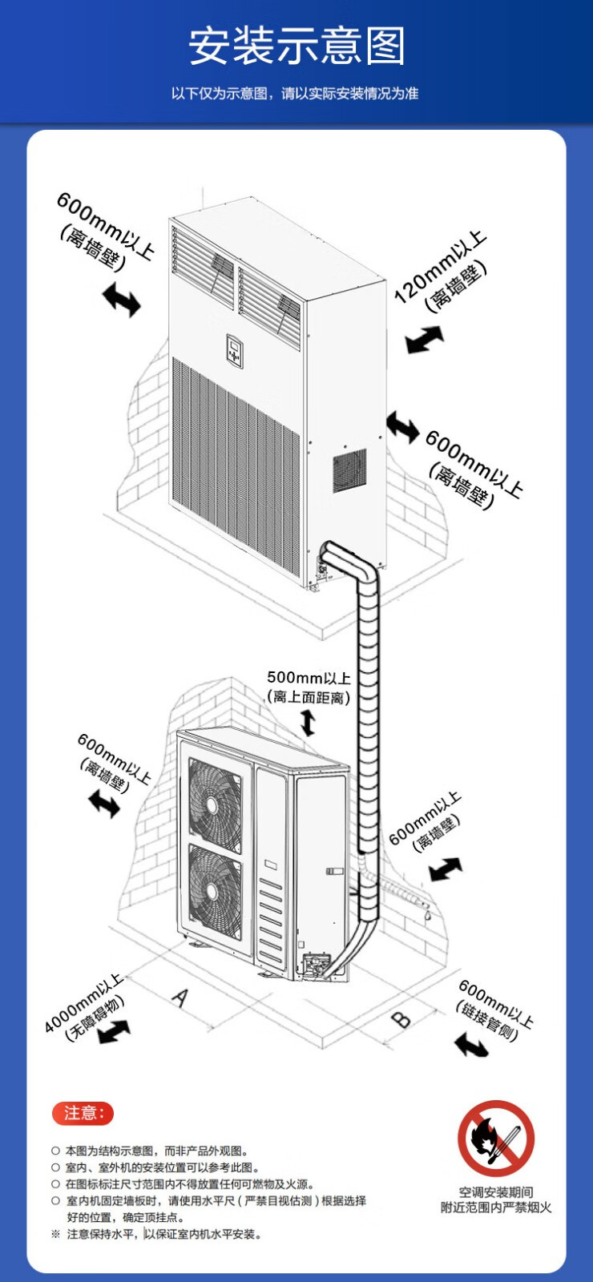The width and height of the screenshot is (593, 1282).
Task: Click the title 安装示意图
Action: click(296, 46)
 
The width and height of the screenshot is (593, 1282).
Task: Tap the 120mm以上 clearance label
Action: click(439, 266)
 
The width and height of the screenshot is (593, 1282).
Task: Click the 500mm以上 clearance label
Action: click(309, 678)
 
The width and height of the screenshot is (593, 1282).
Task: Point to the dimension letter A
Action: click(181, 998)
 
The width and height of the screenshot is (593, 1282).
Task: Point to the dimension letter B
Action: click(401, 1019)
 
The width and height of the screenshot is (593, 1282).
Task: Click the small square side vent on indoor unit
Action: click(349, 470)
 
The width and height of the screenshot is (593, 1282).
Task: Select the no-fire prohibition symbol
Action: click(496, 1138)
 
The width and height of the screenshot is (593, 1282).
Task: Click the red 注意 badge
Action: click(83, 1113)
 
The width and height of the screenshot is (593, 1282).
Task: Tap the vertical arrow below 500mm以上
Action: click(308, 723)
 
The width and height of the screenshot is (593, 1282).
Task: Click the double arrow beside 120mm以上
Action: click(424, 340)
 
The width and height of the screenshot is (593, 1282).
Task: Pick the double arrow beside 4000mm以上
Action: click(114, 1031)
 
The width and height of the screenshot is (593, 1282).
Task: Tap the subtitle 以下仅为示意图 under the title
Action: click(295, 94)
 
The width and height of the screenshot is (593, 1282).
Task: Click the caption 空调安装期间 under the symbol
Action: click(496, 1191)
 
